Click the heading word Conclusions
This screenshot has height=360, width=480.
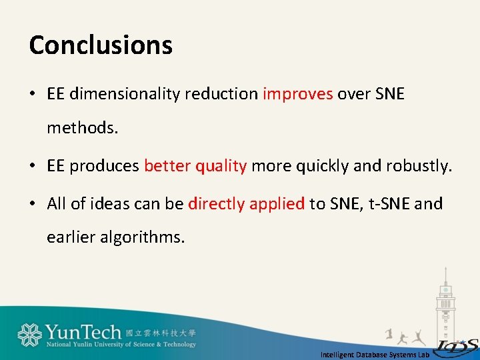[x=101, y=45]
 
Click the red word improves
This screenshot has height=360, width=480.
[x=297, y=94]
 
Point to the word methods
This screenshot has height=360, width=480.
[x=82, y=127]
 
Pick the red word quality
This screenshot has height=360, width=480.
[x=221, y=166]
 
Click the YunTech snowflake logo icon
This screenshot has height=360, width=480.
[x=30, y=335]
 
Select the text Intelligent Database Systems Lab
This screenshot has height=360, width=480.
[x=375, y=355]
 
